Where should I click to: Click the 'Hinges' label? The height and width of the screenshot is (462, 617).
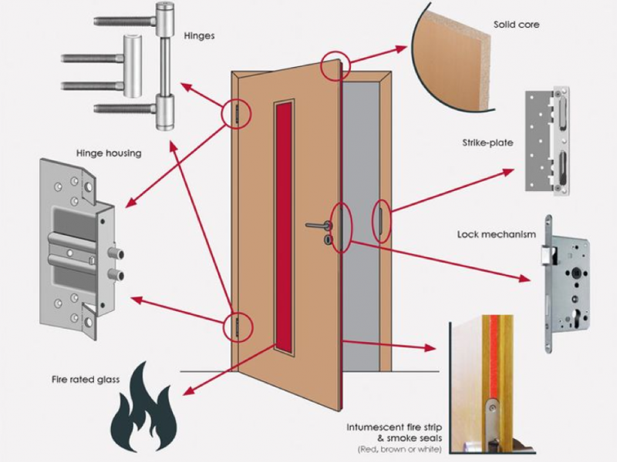[200, 35]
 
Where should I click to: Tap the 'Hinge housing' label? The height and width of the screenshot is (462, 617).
[110, 153]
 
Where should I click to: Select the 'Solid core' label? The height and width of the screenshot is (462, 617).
[516, 25]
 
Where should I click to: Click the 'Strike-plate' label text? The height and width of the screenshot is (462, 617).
[487, 142]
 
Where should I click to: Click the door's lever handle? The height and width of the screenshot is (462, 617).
[319, 226]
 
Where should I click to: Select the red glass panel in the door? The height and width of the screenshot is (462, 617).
[285, 232]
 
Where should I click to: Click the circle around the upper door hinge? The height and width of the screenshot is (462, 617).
[237, 113]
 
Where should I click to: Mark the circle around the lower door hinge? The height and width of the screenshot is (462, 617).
[237, 326]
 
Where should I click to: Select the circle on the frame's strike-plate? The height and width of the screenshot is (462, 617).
[382, 221]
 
